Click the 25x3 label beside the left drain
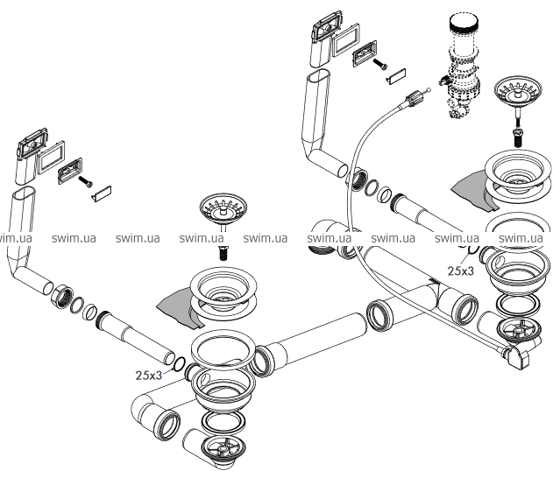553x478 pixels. click(150, 375)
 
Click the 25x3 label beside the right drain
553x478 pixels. click(461, 271)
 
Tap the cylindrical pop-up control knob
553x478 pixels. click(462, 33)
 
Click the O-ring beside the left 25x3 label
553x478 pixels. click(178, 365)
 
